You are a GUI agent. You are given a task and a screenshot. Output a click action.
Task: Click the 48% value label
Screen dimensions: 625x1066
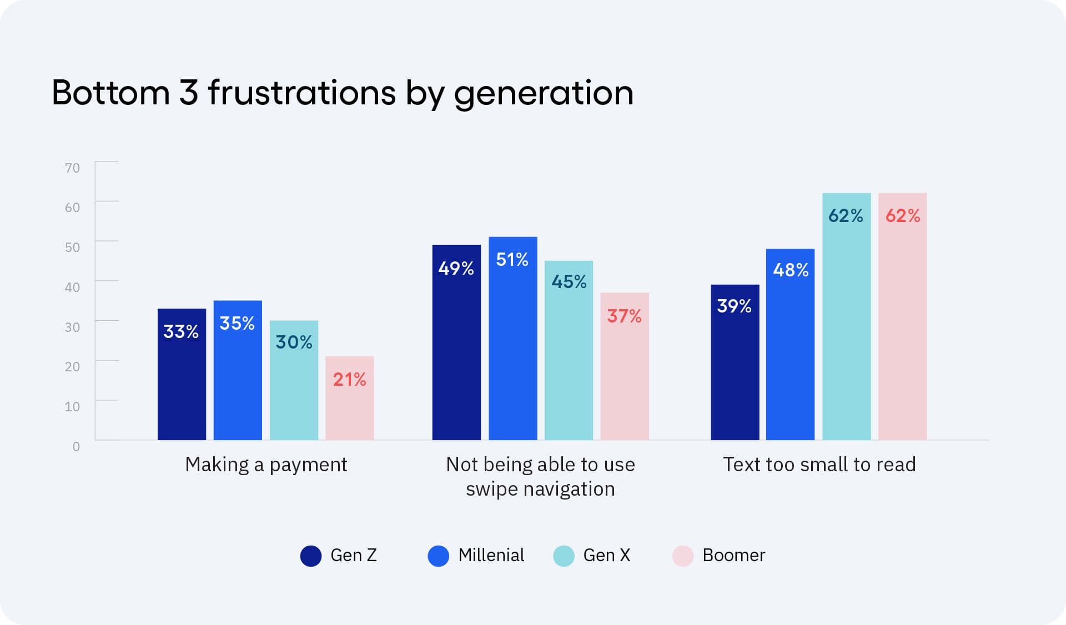tap(791, 270)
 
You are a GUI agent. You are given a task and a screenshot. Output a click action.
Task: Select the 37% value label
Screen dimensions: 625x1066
tap(624, 316)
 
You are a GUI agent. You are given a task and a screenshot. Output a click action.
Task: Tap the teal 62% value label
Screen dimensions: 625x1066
tap(846, 216)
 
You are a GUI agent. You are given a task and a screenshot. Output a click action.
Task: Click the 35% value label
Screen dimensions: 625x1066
tap(237, 323)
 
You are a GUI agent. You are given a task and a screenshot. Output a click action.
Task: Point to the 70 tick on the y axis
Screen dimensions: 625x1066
tap(72, 168)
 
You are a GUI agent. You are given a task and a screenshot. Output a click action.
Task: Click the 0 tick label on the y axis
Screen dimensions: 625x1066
tap(76, 446)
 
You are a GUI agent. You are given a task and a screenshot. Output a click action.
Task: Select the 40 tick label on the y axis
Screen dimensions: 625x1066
tap(72, 287)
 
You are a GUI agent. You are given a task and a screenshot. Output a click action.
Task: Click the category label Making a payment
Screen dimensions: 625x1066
tap(266, 465)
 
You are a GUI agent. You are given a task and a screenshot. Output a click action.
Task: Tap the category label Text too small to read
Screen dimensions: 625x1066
tap(819, 465)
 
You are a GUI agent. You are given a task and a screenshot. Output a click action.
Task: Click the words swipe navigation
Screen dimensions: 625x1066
tap(540, 489)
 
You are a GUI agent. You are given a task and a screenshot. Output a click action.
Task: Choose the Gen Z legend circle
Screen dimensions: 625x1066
tap(311, 556)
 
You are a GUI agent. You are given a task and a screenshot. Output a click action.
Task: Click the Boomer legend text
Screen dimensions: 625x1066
tap(733, 555)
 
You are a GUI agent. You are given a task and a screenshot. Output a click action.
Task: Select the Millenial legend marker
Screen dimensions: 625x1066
tap(438, 556)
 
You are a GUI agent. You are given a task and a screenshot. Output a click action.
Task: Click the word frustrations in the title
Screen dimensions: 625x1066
tap(301, 93)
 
